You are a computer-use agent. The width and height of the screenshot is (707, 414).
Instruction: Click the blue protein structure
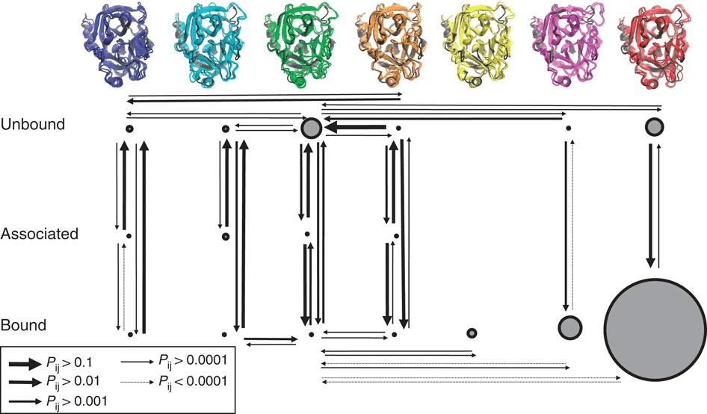117,45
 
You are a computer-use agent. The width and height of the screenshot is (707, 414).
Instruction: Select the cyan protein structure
208,45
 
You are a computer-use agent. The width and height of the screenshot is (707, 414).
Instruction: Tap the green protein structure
300,45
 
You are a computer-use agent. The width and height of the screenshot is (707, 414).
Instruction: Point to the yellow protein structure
478,45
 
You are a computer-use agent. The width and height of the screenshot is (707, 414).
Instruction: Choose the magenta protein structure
568,45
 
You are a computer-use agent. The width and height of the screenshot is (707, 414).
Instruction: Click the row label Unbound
33,124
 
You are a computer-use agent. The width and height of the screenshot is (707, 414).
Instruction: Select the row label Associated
40,234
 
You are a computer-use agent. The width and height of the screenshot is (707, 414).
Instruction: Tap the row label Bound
23,325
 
